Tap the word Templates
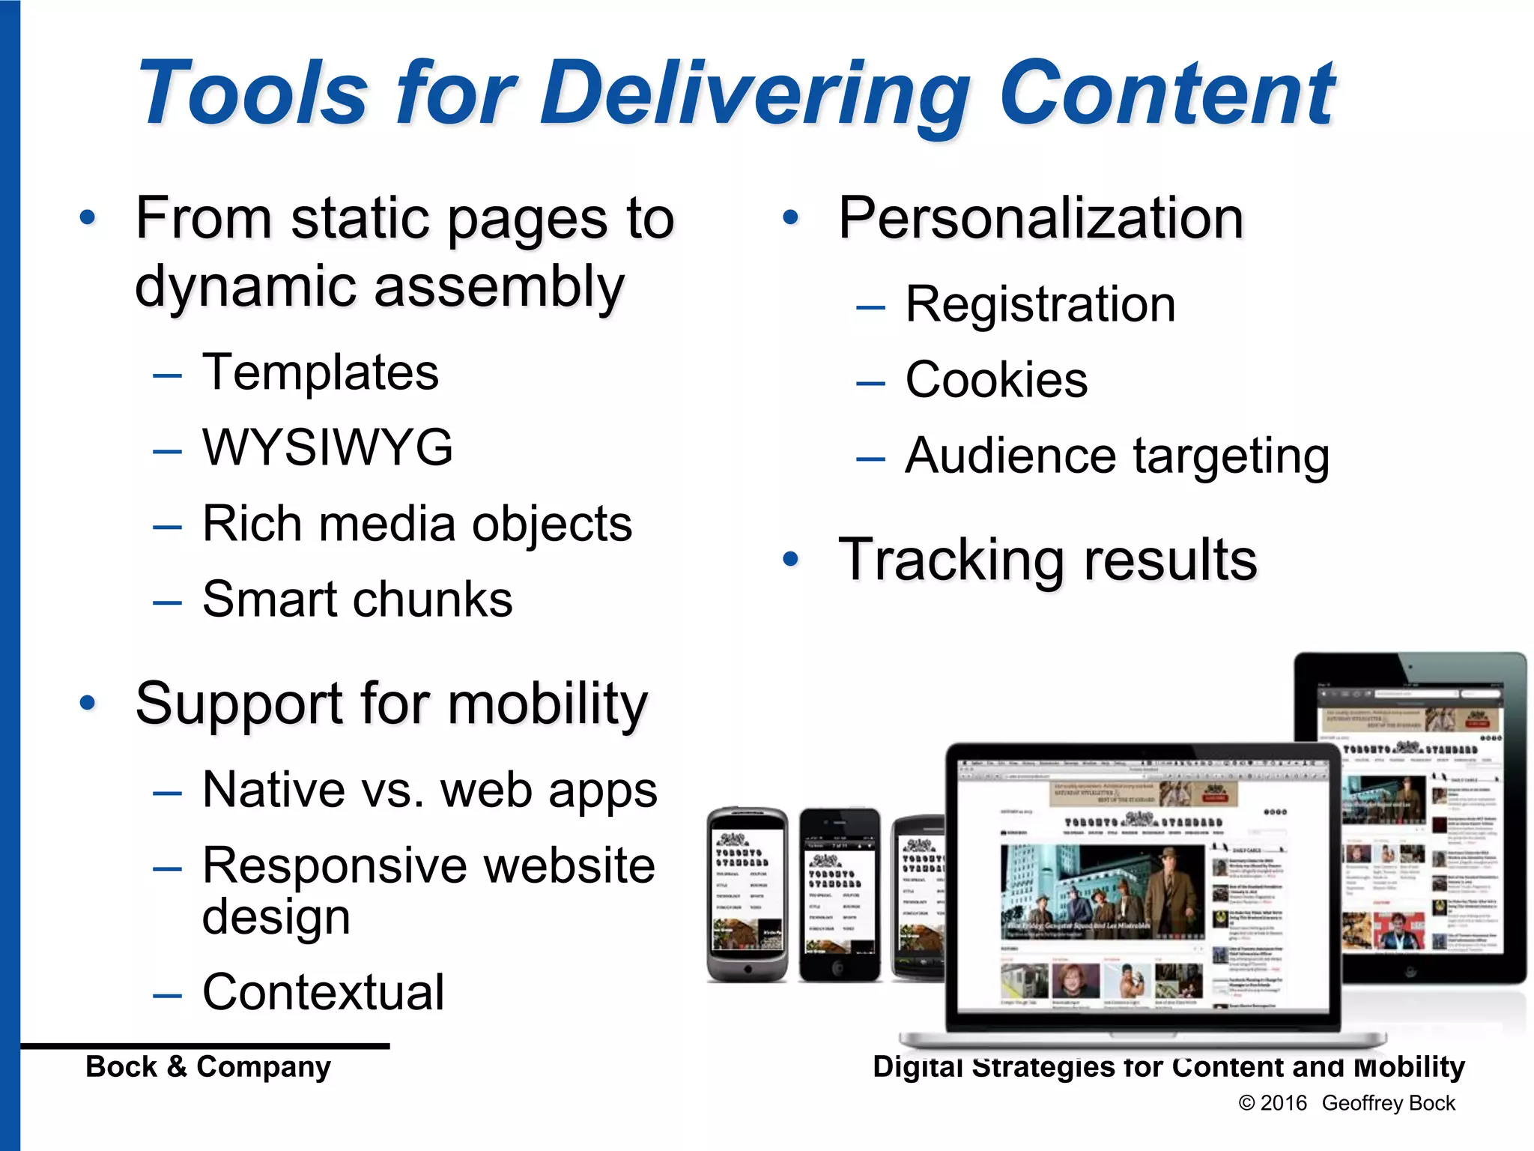click(321, 372)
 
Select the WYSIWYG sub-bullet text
click(327, 447)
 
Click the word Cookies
click(996, 380)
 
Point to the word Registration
click(1040, 304)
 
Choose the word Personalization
click(1040, 218)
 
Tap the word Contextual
click(324, 992)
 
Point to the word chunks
click(432, 599)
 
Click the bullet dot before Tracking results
click(790, 559)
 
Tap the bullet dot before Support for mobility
click(88, 703)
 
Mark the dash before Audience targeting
click(870, 458)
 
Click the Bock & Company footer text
click(207, 1066)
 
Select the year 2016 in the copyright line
click(1283, 1103)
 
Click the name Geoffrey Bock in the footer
click(1388, 1103)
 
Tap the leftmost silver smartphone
click(747, 894)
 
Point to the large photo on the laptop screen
click(1102, 892)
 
